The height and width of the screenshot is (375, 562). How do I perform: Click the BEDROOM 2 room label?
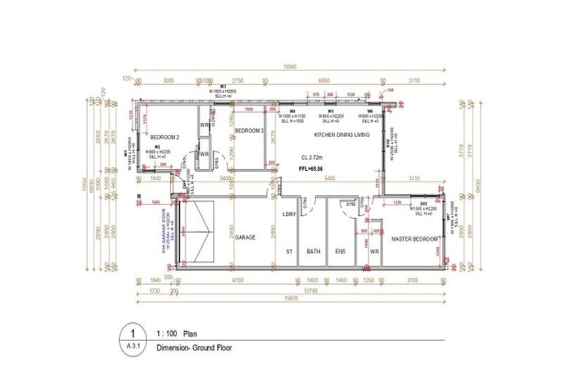coord(165,137)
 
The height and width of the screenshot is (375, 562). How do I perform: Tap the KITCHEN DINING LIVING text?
coord(341,135)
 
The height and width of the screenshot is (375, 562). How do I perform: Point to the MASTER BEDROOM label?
coord(415,239)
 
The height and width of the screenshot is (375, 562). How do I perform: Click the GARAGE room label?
coord(245,237)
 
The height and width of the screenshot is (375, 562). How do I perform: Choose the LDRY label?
coord(289,214)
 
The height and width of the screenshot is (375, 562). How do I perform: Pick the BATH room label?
coord(314,250)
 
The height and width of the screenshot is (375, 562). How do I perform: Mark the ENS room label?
coord(340,250)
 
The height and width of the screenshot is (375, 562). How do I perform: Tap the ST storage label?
coord(289,250)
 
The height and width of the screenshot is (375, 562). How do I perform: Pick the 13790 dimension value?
coord(312,290)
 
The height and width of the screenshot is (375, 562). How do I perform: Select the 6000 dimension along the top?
coord(323,81)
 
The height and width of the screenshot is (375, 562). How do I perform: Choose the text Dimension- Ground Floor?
coord(194,349)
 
